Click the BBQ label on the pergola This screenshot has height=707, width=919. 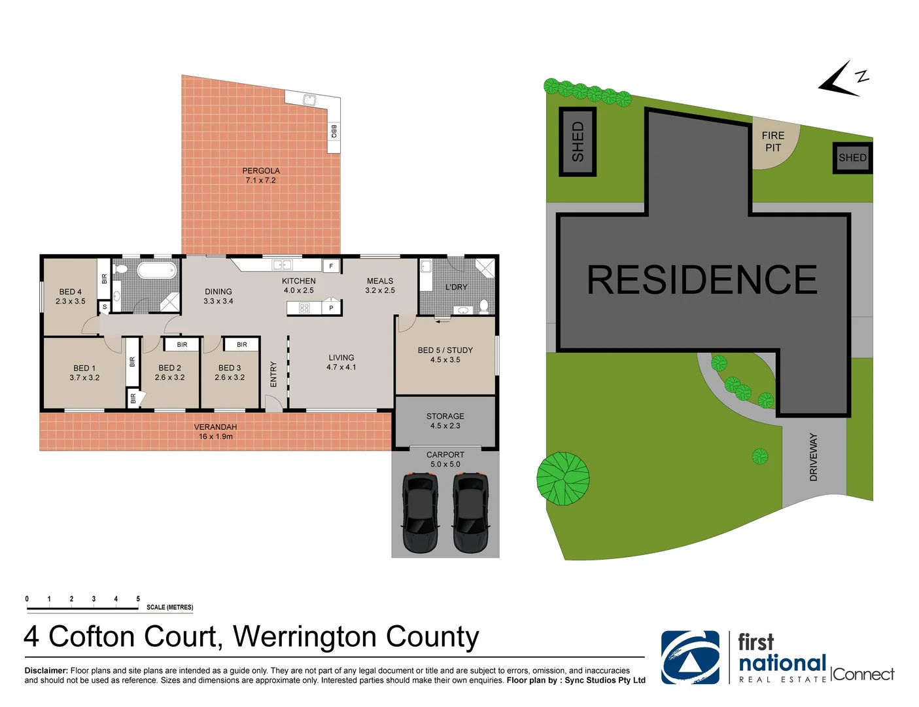click(334, 131)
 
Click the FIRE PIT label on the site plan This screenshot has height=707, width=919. click(773, 141)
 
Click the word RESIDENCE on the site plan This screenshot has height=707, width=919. click(702, 280)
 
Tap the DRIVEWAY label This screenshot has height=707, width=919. click(814, 457)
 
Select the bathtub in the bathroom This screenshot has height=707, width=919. click(156, 269)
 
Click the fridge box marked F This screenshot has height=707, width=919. click(332, 266)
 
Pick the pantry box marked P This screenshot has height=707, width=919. click(332, 307)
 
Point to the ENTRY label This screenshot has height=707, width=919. click(273, 374)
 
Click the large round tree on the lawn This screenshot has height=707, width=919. click(563, 479)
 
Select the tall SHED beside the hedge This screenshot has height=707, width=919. click(578, 141)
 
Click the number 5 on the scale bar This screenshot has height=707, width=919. click(138, 599)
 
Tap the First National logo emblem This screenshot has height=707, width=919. click(690, 657)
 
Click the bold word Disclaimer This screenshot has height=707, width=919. click(46, 670)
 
